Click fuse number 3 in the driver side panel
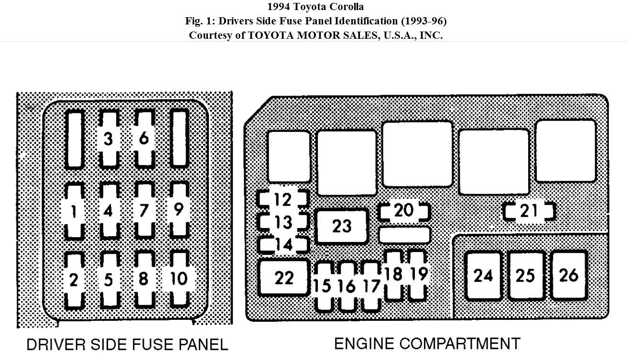coord(108,139)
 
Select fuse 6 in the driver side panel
coord(143,139)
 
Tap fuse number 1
coord(74,211)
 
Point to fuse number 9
coord(179,210)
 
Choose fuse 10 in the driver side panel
coord(179,279)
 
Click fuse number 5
coord(108,280)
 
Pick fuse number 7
coord(143,210)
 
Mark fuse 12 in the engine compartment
coord(283,199)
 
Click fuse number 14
coord(284,245)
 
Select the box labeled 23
coord(342,226)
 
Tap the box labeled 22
coord(283,278)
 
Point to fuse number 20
coord(404,211)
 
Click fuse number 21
coord(529,211)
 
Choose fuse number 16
coord(347,286)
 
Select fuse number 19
coord(418,274)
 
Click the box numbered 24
coord(483,276)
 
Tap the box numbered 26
coord(569,275)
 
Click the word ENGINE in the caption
coord(364,344)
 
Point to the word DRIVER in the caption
coord(51,345)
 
